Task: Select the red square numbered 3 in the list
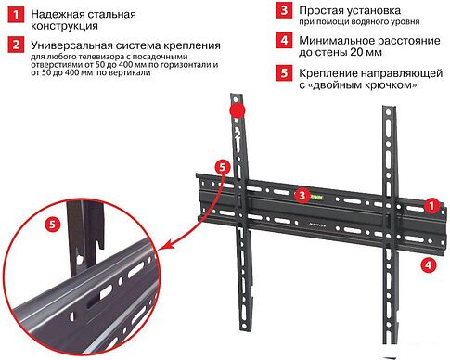click(282, 11)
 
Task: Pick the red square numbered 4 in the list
click(282, 41)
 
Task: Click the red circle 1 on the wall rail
click(430, 203)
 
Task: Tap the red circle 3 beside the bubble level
click(301, 196)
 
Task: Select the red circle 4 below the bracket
click(426, 264)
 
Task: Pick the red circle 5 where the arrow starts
click(220, 167)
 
